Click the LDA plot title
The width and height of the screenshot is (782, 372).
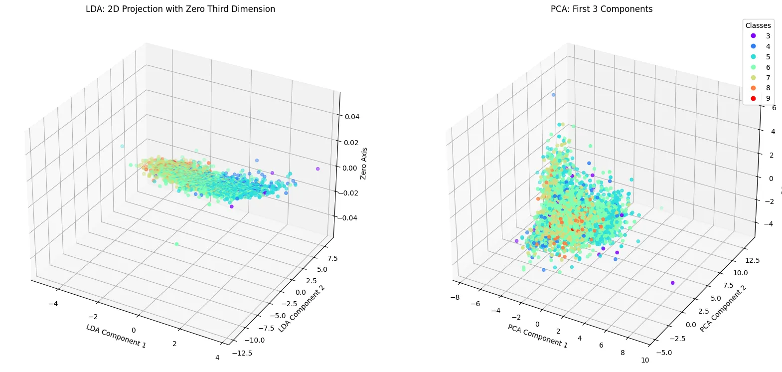coord(180,9)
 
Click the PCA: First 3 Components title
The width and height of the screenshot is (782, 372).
coord(602,9)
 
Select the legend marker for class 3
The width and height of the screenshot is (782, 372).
coord(753,36)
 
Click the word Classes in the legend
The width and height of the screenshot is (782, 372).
coord(758,25)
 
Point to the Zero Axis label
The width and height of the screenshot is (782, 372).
coord(364,164)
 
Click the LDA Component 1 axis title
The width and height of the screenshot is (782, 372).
coord(116,336)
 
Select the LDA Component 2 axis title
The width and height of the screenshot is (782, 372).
coord(302,309)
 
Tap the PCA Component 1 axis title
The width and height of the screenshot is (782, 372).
coord(537,336)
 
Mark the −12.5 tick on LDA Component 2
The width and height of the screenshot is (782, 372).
coord(242,353)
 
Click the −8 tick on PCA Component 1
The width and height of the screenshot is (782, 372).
coord(455,298)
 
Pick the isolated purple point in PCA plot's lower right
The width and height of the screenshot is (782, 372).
coord(673,283)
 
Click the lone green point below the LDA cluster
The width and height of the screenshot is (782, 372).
coord(176,244)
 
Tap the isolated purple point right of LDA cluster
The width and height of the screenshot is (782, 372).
coord(317,169)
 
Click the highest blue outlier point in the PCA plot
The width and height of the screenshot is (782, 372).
coord(553,95)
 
